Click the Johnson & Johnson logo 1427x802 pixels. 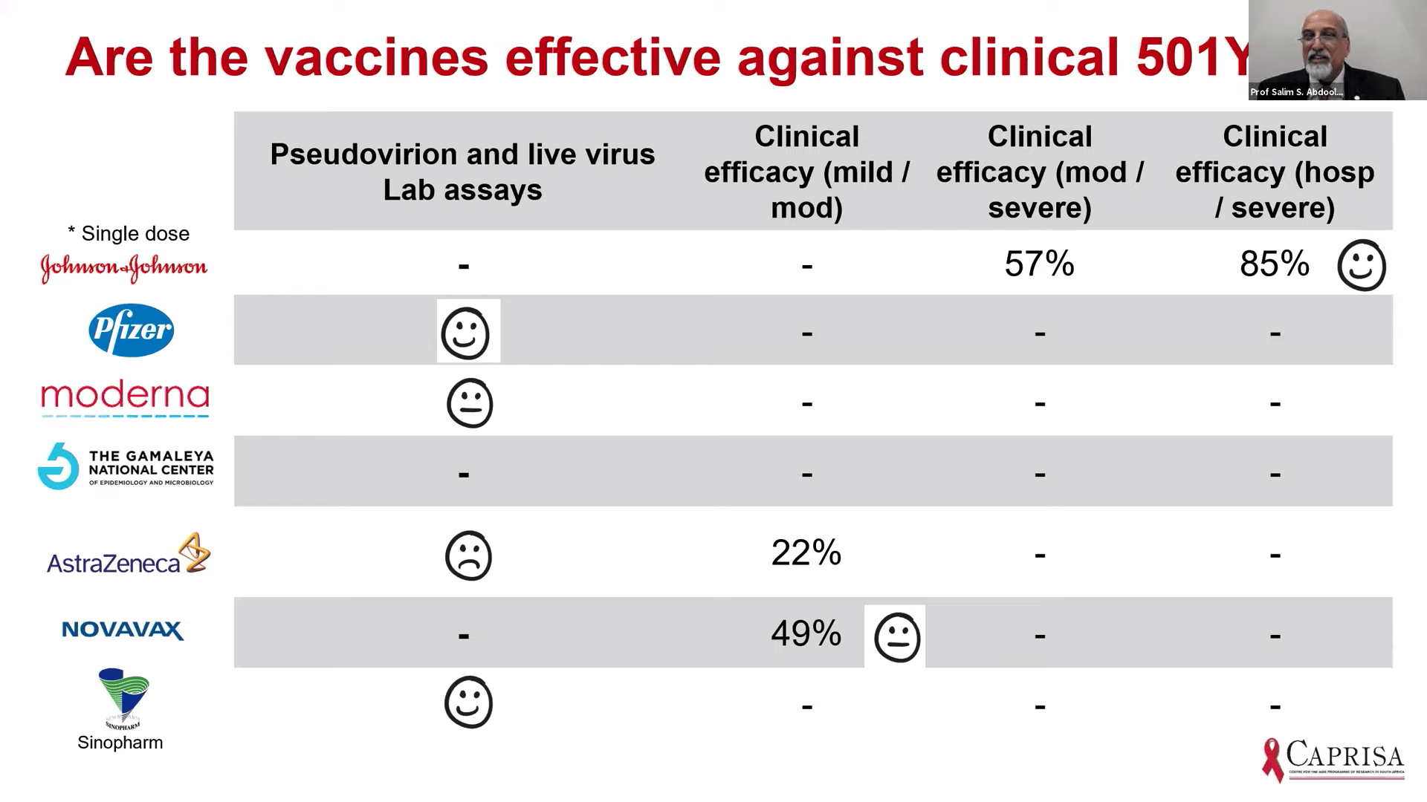124,268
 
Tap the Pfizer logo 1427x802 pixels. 132,330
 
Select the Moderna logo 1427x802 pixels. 125,397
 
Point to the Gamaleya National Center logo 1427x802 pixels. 126,467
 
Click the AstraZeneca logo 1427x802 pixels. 129,555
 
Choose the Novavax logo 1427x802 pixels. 123,630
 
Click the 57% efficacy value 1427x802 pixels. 1039,264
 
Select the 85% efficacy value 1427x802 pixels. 1274,264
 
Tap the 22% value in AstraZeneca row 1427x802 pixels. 806,553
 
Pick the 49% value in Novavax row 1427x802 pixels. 806,633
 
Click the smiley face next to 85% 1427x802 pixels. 1362,265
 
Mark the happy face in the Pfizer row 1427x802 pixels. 466,333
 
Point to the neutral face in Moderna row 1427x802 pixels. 470,403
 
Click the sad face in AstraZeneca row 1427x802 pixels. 468,555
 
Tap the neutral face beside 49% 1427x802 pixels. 898,637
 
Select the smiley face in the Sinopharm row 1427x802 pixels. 468,702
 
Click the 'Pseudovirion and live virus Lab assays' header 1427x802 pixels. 462,172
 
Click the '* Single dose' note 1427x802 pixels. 129,234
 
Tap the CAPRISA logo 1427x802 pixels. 1333,759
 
